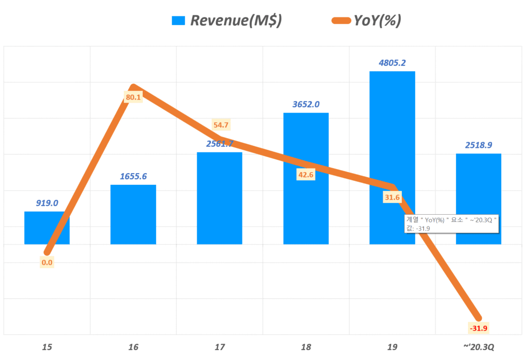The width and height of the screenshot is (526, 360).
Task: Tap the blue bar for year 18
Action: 306,205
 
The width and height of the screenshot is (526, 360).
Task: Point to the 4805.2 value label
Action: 392,63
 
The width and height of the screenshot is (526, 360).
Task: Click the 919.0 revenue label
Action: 47,203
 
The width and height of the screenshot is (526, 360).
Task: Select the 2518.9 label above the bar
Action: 479,145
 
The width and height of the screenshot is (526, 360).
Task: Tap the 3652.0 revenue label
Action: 306,104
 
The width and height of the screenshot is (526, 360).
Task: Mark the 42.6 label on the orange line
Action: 306,175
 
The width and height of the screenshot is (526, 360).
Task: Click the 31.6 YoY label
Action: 392,198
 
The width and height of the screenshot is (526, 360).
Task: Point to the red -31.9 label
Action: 479,328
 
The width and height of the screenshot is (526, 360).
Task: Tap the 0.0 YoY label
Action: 47,262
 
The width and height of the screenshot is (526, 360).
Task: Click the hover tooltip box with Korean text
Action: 452,224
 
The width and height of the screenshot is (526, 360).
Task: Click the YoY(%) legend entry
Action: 367,21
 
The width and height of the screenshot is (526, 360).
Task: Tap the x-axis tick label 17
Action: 220,348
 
